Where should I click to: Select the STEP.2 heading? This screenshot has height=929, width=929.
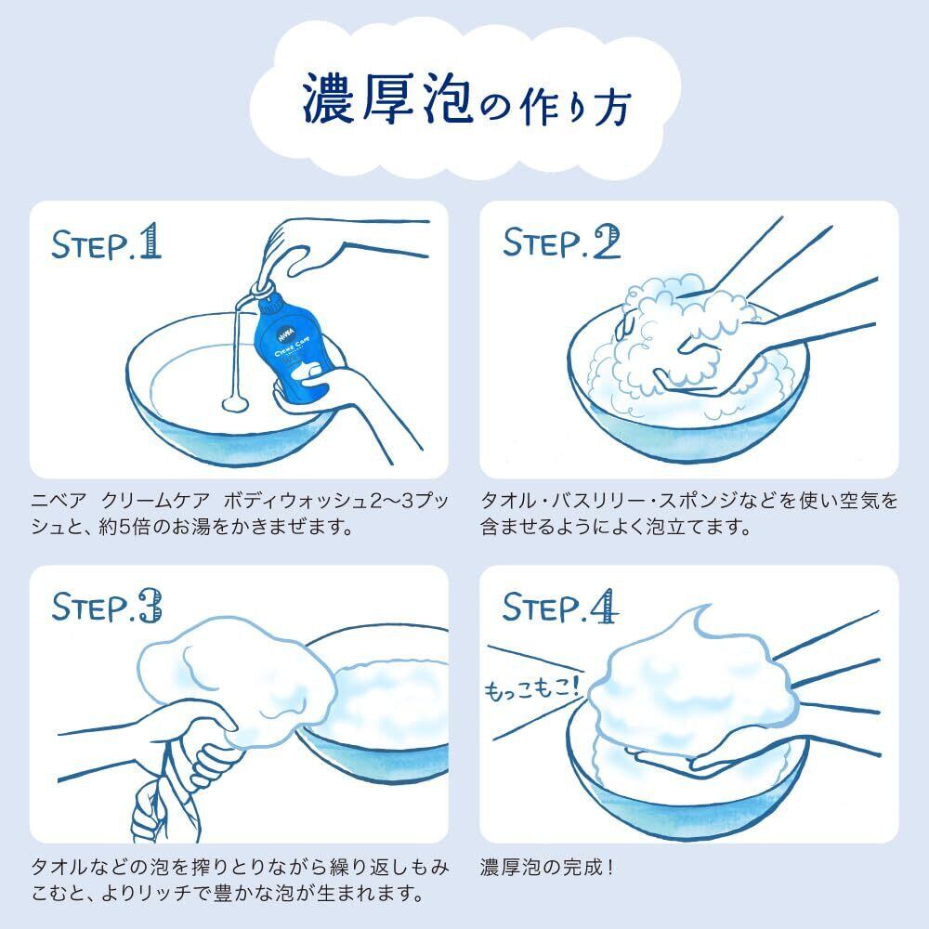pos(561,242)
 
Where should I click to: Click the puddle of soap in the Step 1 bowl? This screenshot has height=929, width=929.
pos(235,403)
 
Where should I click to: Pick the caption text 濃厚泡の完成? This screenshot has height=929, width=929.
pos(546,868)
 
